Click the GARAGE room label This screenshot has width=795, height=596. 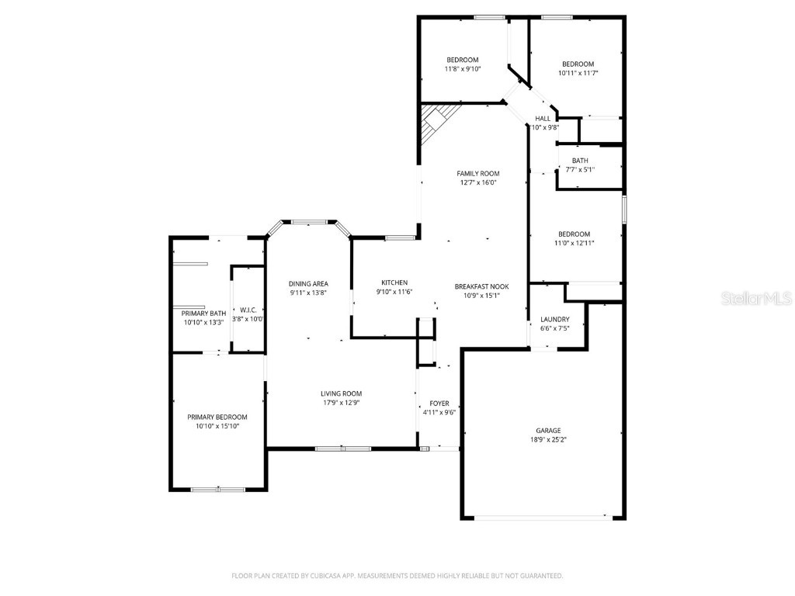(x=547, y=430)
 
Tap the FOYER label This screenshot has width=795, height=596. (x=439, y=404)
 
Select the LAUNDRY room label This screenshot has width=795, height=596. (x=554, y=319)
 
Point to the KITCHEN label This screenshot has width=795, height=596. (x=394, y=282)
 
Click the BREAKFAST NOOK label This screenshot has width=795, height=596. (x=481, y=286)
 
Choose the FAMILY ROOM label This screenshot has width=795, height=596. (x=477, y=174)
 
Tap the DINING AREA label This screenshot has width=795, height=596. (x=308, y=284)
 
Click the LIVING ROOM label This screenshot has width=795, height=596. (x=342, y=393)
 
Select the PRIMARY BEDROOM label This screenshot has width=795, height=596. (x=217, y=417)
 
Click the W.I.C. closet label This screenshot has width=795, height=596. (x=249, y=310)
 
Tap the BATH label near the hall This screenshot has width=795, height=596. (x=580, y=161)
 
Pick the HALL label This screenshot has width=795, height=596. (x=543, y=119)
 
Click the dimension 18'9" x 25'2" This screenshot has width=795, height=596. (x=547, y=439)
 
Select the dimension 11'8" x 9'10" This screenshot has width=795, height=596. (x=462, y=69)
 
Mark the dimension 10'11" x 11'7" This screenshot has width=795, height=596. (x=578, y=73)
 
